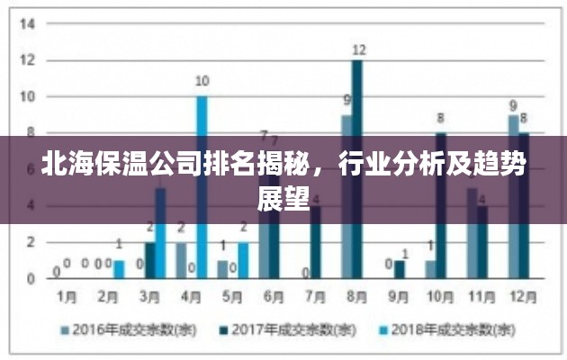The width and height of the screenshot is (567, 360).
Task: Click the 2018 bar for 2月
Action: (x=119, y=268)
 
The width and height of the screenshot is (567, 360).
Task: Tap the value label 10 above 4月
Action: (x=202, y=81)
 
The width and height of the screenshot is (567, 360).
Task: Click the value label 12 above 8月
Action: (x=358, y=49)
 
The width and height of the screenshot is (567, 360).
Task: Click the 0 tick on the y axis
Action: (x=30, y=278)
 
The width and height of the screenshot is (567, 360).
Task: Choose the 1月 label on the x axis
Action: (x=67, y=296)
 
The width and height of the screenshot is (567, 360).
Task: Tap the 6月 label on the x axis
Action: (x=272, y=296)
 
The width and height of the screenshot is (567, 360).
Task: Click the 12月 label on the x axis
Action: (x=518, y=296)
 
